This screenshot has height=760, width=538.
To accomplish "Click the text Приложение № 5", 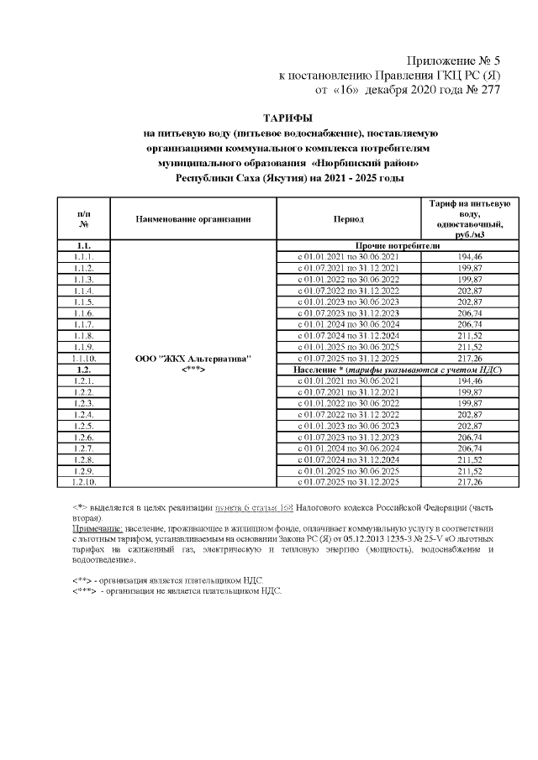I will (x=453, y=61).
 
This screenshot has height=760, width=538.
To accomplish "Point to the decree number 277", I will (x=486, y=90).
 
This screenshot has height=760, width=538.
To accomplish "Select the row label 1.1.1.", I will (x=83, y=256).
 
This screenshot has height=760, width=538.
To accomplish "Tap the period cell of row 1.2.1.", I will (x=348, y=381).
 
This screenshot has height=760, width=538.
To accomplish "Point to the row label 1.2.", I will (x=83, y=370).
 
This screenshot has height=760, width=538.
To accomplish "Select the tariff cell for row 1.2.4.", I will (x=465, y=415).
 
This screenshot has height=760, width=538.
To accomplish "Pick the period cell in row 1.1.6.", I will (x=348, y=312).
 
